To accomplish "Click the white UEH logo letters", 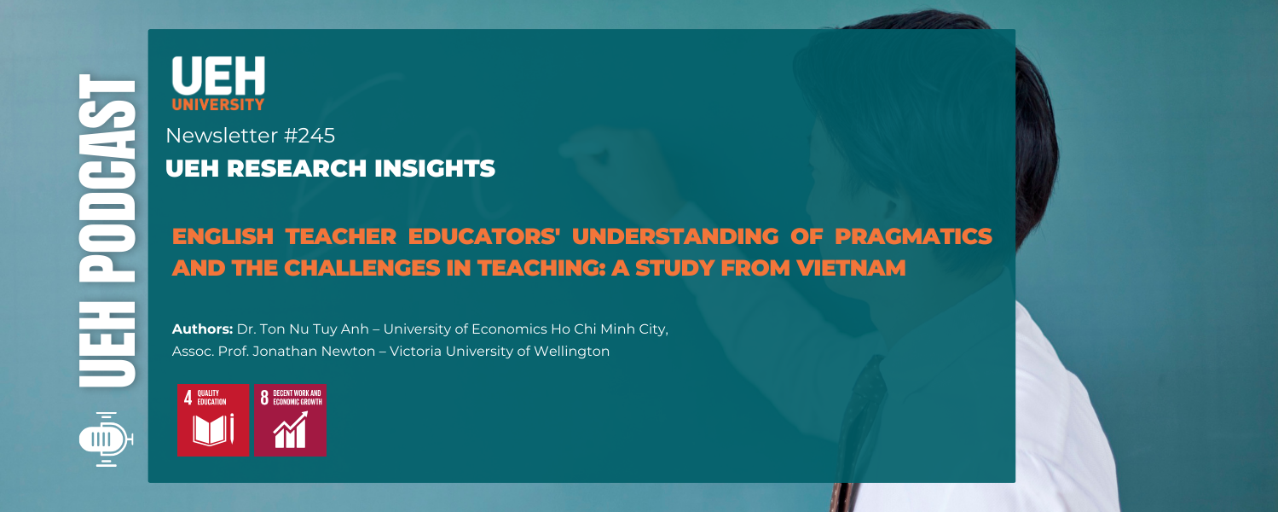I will coord(218,76).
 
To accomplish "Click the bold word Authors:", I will coord(202,329).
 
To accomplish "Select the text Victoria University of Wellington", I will coord(500,351).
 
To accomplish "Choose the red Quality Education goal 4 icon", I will coord(212,420).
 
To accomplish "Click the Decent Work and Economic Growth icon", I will coord(290,420).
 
